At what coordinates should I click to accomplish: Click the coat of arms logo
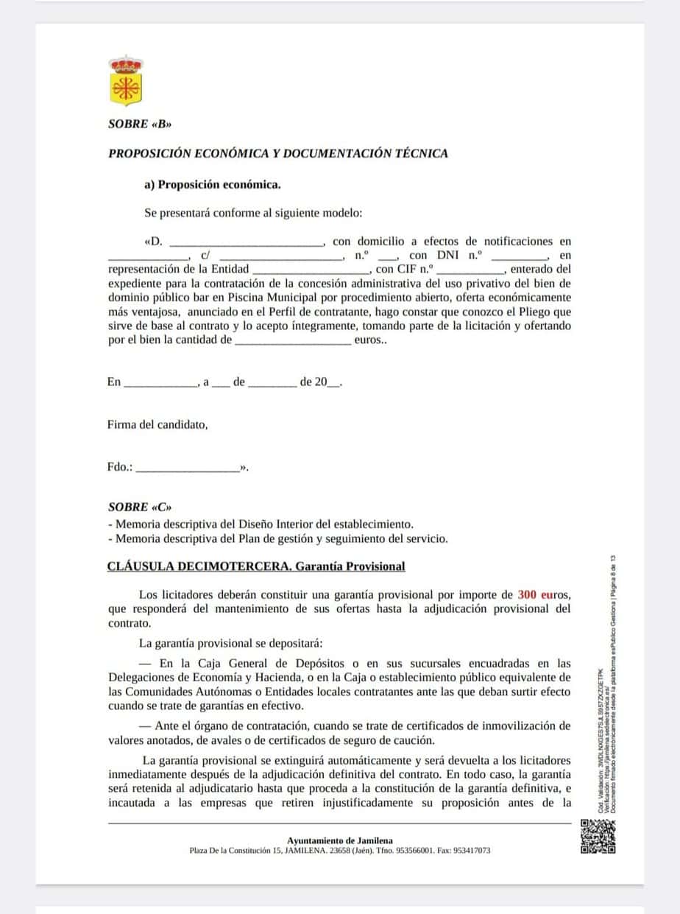tap(125, 81)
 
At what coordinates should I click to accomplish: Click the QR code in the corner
tap(598, 837)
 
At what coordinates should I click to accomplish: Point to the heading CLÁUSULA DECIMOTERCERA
tap(255, 566)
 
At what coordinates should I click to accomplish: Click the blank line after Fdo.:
tap(188, 468)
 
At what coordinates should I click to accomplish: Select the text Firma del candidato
tap(157, 425)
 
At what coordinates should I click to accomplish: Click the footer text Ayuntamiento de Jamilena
tap(340, 840)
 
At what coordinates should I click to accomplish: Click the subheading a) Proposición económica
tap(213, 185)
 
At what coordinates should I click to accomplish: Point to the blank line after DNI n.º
tap(520, 256)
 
